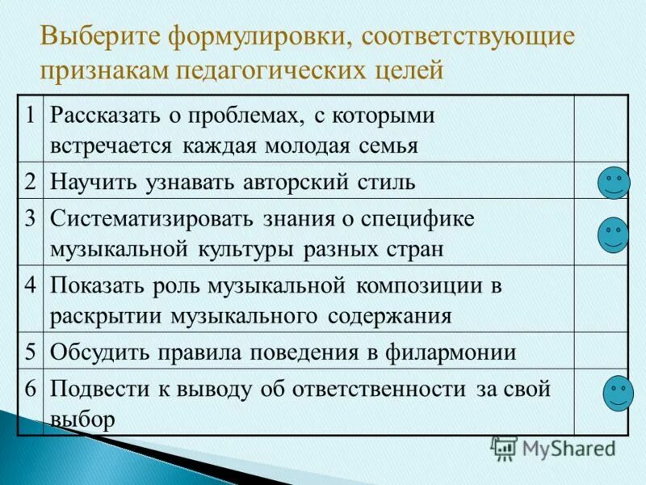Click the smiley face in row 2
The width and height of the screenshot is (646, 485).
(614, 183)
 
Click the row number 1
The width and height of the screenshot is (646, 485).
(30, 116)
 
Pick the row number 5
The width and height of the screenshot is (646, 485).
(30, 351)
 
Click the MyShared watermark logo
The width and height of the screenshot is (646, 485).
(554, 448)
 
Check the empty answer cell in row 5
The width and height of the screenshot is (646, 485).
(600, 351)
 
